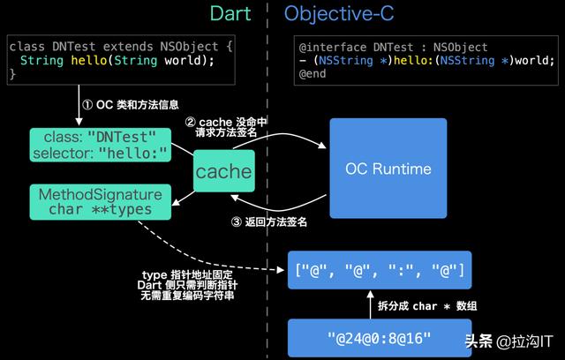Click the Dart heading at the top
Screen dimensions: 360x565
tap(230, 14)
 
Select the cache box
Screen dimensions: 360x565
tap(223, 171)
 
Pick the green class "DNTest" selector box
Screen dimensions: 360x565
tap(100, 145)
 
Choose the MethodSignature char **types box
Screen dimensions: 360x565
tap(100, 201)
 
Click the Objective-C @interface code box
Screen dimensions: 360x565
tap(427, 60)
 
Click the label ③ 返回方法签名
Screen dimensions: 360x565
tap(269, 222)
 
